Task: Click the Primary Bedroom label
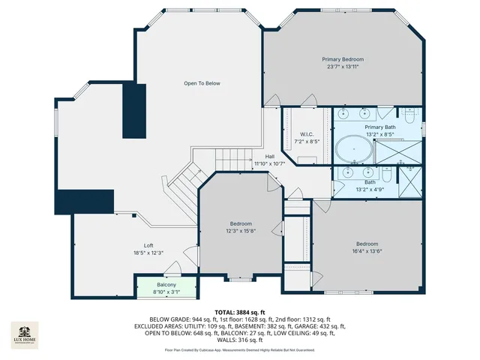click(343, 59)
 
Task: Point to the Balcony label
click(166, 285)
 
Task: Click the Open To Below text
click(202, 83)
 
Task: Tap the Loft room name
click(148, 246)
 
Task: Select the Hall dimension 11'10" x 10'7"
click(268, 163)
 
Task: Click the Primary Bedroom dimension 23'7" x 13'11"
click(343, 67)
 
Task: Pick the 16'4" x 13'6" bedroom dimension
click(367, 251)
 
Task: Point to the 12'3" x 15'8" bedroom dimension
click(241, 230)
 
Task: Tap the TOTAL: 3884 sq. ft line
click(239, 311)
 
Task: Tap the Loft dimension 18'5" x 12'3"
click(148, 253)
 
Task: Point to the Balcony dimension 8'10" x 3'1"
click(166, 292)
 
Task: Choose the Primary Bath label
click(379, 127)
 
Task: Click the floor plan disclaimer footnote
click(239, 350)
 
